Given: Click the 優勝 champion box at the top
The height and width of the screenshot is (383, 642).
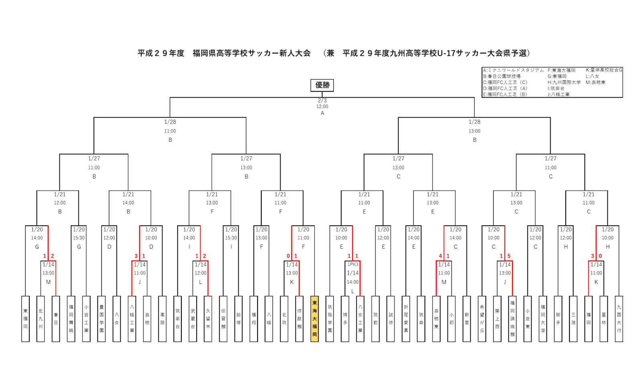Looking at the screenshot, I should pyautogui.click(x=322, y=85).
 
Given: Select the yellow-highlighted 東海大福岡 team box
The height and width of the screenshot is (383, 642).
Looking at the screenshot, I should pyautogui.click(x=315, y=319).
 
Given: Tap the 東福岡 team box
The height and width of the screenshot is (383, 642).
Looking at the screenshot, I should pyautogui.click(x=25, y=319).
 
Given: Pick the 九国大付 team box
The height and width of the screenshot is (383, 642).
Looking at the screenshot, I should pyautogui.click(x=619, y=319).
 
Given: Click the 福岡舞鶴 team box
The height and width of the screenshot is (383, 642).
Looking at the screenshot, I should pyautogui.click(x=71, y=319).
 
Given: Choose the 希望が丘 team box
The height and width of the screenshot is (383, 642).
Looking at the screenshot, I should pyautogui.click(x=482, y=319).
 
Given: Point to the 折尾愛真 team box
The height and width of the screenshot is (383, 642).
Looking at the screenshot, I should pyautogui.click(x=406, y=319).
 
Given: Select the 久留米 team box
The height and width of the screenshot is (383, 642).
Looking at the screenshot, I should pyautogui.click(x=208, y=319).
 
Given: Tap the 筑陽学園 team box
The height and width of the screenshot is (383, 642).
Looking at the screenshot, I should pyautogui.click(x=330, y=319).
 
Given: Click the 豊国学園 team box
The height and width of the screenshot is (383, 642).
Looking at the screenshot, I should pyautogui.click(x=102, y=319).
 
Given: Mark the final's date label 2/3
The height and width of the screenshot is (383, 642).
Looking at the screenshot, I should pyautogui.click(x=322, y=101).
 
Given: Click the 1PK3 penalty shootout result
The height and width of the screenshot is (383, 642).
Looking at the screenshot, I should pyautogui.click(x=353, y=265).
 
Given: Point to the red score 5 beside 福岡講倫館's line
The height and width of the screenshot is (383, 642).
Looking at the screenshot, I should pyautogui.click(x=509, y=256).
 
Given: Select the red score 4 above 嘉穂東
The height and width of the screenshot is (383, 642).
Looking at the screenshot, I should pyautogui.click(x=440, y=256).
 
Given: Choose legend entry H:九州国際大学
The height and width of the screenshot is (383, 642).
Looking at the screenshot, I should pyautogui.click(x=564, y=82).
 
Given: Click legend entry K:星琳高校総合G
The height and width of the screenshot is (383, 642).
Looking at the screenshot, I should pyautogui.click(x=603, y=70).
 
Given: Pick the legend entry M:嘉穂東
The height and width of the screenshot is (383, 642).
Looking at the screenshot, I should pyautogui.click(x=595, y=82).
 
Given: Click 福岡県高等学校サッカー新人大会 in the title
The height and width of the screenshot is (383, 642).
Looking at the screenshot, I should pyautogui.click(x=252, y=53).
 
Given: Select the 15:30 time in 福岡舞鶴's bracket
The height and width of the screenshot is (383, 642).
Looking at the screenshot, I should pyautogui.click(x=79, y=238).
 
